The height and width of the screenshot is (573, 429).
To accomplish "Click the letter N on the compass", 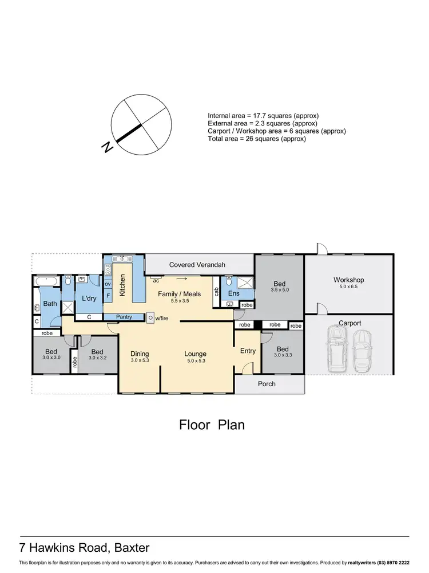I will click(106, 147).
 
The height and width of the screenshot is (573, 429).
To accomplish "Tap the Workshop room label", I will click(348, 280).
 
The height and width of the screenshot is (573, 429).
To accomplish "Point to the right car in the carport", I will click(362, 351).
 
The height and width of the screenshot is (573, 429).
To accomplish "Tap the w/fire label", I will click(162, 317).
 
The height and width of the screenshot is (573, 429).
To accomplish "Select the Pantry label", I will click(124, 317).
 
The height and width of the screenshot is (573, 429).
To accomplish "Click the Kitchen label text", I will click(122, 285).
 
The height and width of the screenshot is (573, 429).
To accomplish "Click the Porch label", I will click(267, 384).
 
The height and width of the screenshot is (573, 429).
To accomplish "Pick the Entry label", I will click(248, 351).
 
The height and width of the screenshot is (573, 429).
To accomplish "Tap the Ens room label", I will click(233, 293).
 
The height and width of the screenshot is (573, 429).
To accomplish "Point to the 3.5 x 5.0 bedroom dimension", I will click(279, 290).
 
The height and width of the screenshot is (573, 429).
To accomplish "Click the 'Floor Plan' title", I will click(212, 425).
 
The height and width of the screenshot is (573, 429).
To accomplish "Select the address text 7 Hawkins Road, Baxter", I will click(85, 548).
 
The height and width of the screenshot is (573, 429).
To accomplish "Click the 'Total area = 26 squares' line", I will click(257, 139).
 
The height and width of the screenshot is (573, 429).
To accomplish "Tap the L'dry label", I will click(89, 299).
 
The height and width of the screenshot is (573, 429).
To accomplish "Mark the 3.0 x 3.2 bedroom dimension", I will click(97, 358).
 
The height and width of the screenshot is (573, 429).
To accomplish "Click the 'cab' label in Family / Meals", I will click(216, 292).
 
